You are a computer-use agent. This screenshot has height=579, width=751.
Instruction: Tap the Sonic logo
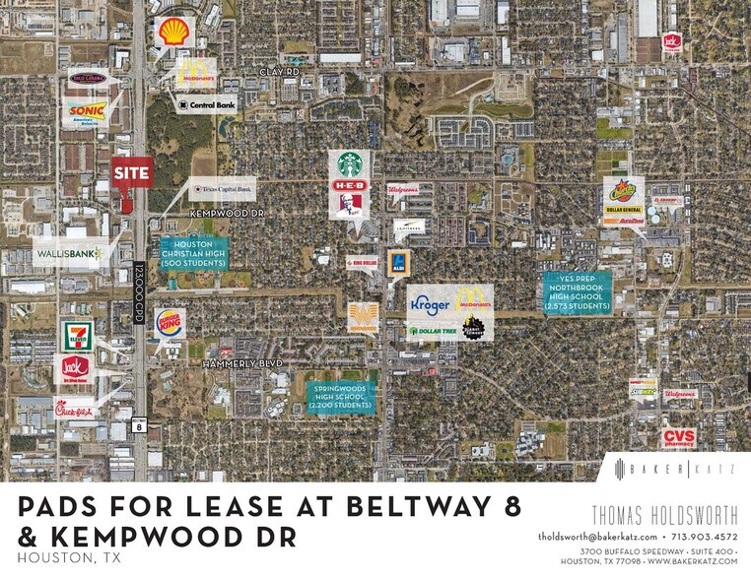(x=86, y=111)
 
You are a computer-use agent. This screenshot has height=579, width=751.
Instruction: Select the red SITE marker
(x=131, y=173)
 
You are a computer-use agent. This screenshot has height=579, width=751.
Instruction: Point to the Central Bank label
(x=206, y=103)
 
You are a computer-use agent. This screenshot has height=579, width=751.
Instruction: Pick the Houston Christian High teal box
(x=193, y=255)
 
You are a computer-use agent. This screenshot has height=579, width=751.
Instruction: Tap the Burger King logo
(x=170, y=323)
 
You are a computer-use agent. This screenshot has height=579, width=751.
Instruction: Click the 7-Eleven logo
(x=75, y=336)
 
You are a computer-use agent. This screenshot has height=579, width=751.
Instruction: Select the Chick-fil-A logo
(x=76, y=408)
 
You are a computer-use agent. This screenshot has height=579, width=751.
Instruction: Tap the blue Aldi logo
(x=398, y=263)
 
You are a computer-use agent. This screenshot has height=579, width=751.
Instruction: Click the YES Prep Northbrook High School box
(x=578, y=292)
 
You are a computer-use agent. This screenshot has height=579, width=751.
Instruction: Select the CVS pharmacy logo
(x=678, y=437)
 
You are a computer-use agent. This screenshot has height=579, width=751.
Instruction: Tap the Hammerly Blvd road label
(x=242, y=363)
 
